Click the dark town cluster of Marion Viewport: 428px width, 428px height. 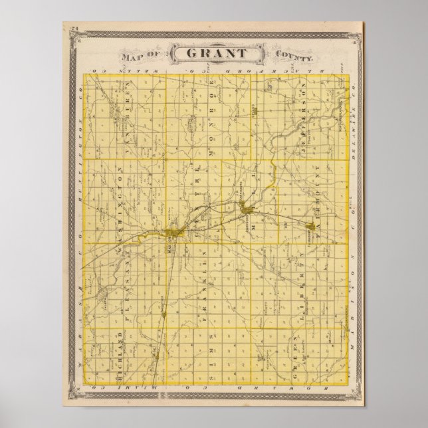coord(172,232)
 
